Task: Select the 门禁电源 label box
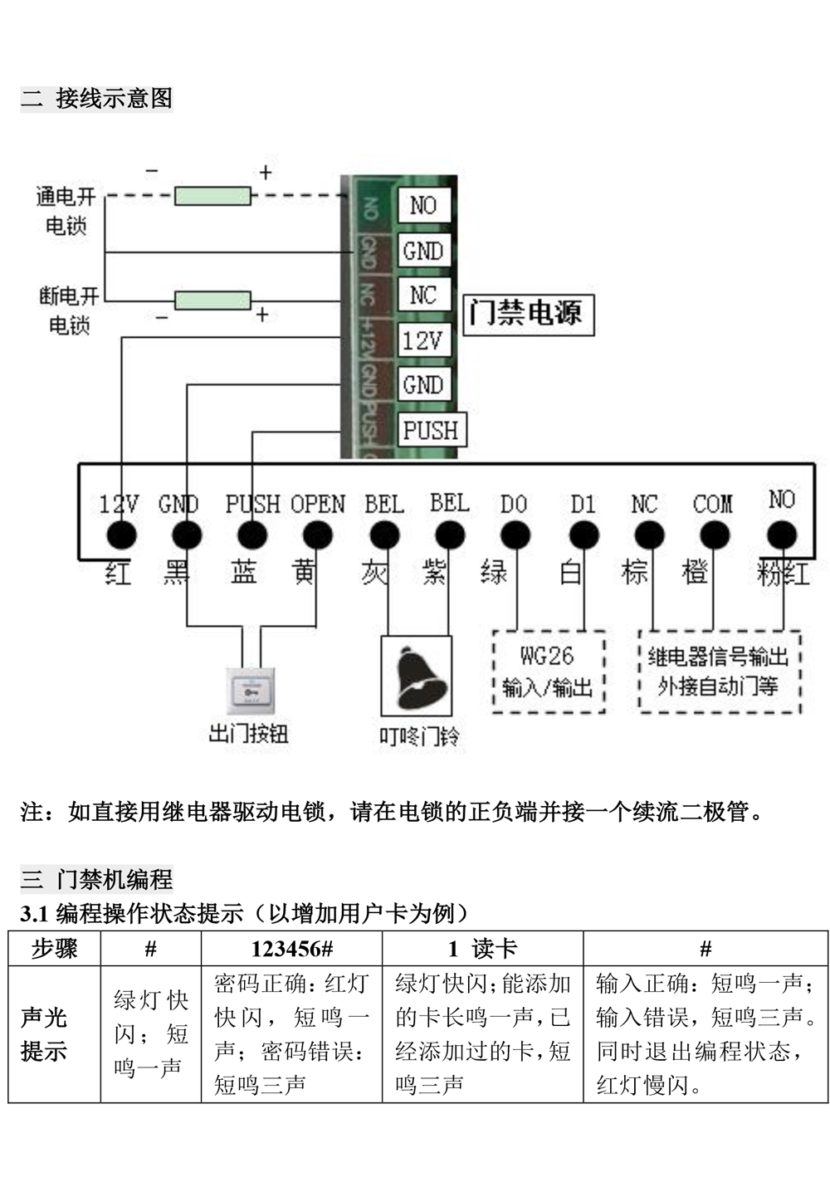point(528,314)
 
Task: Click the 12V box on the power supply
point(422,340)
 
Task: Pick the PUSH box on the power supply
point(431,430)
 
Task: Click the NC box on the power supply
point(422,295)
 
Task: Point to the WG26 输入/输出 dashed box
point(548,672)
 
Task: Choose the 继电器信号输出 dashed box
point(719,672)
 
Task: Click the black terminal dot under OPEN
point(317,535)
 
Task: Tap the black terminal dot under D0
point(515,535)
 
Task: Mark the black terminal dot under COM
point(712,535)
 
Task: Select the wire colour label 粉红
point(782,573)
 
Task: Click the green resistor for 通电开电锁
point(212,196)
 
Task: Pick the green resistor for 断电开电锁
point(212,300)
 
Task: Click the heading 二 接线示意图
point(97,98)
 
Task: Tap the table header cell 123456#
point(291,949)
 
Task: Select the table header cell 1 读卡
point(482,949)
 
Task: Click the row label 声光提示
point(43,1034)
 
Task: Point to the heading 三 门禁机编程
point(97,878)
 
